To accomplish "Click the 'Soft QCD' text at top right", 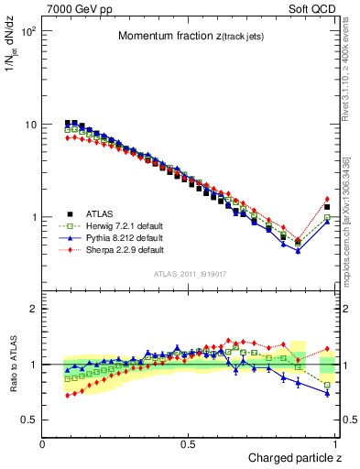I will click(312, 8).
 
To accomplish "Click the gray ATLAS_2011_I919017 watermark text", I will click(191, 274).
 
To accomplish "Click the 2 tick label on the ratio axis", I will click(33, 309).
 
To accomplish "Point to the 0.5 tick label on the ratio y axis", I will click(30, 420).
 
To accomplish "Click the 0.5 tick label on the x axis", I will click(190, 444).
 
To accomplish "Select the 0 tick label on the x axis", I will click(43, 444).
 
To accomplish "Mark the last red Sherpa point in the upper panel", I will click(327, 199).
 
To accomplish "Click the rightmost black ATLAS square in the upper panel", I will click(327, 208).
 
